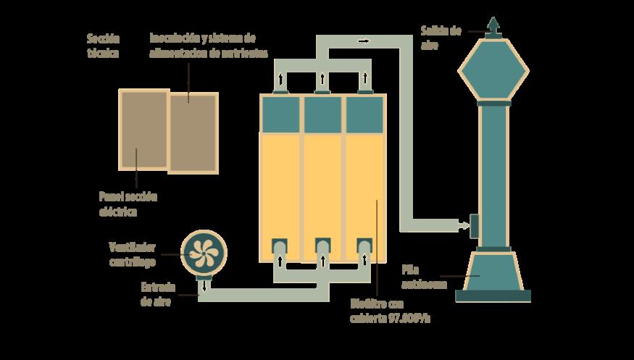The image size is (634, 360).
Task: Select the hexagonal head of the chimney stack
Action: click(493, 70)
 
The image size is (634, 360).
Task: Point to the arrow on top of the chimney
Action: click(493, 25)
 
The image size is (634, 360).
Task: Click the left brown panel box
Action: click(143, 129)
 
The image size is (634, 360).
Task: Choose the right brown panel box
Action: click(193, 132)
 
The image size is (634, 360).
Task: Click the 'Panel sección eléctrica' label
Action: click(128, 204)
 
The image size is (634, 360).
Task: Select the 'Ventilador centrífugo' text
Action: click(132, 253)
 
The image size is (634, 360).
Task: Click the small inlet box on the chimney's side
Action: click(475, 226)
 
